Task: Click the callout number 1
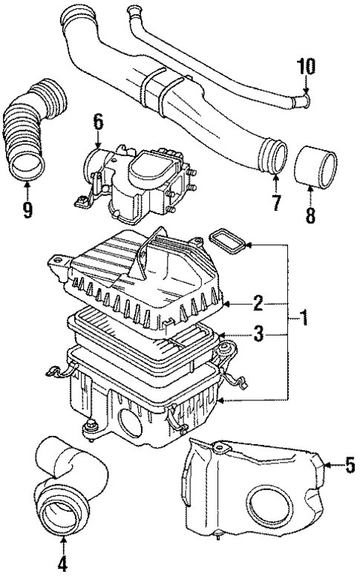[x=304, y=320]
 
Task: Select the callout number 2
[x=258, y=302]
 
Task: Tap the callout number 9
[x=27, y=211]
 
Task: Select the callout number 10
[x=306, y=67]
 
